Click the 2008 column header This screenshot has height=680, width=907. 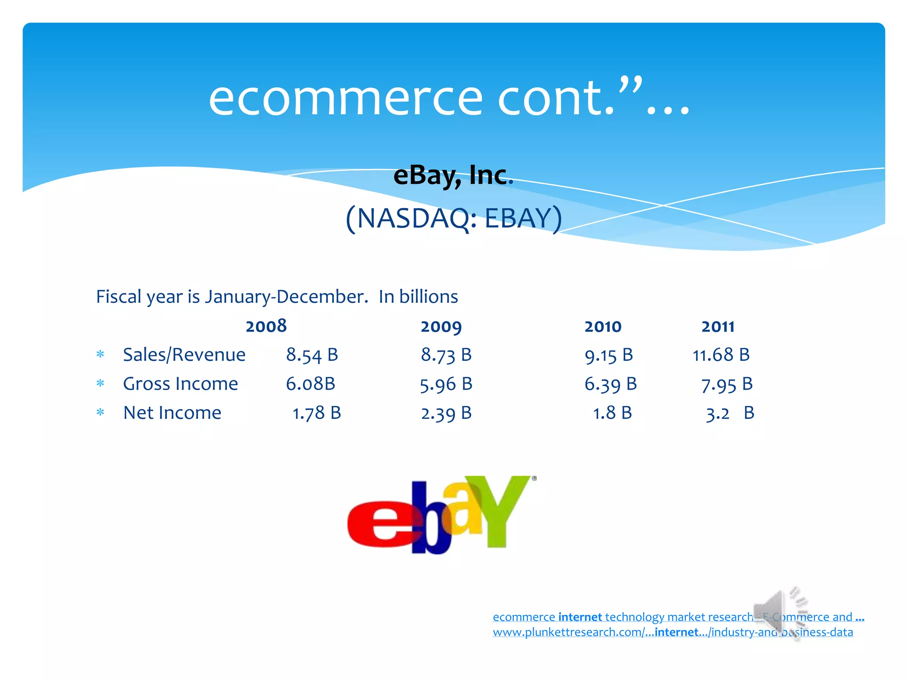click(266, 326)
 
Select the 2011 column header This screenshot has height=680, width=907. click(718, 327)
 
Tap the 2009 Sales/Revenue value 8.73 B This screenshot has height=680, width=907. click(446, 355)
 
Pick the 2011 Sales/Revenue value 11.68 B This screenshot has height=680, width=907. click(721, 355)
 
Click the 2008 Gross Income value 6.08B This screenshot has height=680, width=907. click(310, 384)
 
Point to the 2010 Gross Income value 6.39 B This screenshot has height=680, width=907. click(610, 384)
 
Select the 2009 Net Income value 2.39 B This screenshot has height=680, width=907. click(446, 413)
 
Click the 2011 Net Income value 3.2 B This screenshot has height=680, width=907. click(730, 413)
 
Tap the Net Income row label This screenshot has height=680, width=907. click(172, 413)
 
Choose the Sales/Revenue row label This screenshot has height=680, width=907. click(184, 355)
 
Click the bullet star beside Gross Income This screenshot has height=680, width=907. click(101, 383)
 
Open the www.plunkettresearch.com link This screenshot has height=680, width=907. click(673, 632)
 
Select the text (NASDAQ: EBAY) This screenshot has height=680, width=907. click(453, 218)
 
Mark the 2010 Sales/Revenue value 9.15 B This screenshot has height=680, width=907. click(609, 355)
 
